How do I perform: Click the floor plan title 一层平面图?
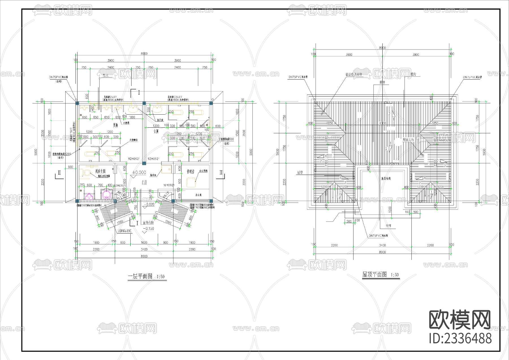pos(140,276)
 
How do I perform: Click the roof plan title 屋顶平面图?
pos(375,275)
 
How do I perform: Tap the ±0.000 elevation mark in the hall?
pos(139,172)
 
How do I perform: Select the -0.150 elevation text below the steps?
pos(148,229)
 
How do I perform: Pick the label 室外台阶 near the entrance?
pos(148,223)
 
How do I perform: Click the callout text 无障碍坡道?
pos(125,231)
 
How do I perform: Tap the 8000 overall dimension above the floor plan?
pos(144,53)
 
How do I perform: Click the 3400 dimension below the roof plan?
pos(382,245)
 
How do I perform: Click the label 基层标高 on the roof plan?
pos(386,179)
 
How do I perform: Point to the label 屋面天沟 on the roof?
pos(408,140)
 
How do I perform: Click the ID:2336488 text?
pos(460,338)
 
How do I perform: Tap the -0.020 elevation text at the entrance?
pos(149,204)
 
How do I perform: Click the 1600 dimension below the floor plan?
pos(144,243)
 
